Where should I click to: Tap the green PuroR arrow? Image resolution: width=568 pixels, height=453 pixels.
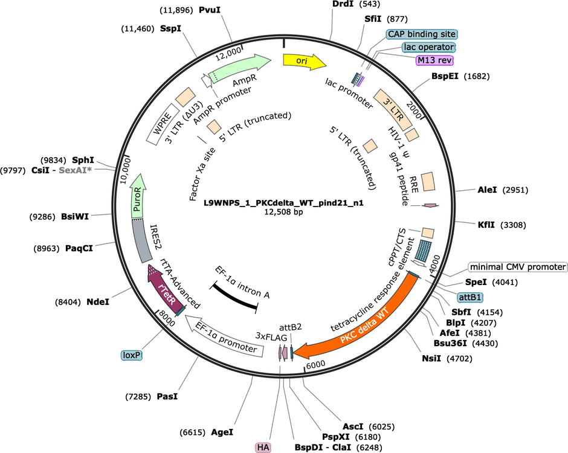137,196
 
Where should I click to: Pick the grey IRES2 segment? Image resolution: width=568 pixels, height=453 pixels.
140,241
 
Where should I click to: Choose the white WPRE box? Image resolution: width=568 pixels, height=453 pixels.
163,124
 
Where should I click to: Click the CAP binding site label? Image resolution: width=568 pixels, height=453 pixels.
422,34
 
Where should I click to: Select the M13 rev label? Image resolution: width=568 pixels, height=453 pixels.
434,60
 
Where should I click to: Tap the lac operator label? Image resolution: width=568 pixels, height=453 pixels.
429,47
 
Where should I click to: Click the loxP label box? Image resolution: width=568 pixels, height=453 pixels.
132,355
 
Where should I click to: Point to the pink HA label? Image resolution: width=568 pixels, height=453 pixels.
263,448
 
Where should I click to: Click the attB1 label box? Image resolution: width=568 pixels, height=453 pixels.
470,297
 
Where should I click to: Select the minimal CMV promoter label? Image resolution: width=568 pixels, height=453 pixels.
518,267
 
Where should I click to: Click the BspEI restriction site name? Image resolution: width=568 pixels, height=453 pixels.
445,76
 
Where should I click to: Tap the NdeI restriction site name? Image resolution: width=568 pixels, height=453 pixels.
98,301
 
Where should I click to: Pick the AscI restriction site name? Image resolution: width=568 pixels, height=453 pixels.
353,427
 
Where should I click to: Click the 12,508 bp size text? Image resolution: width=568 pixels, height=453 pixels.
283,212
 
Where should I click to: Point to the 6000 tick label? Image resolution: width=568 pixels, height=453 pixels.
315,364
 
